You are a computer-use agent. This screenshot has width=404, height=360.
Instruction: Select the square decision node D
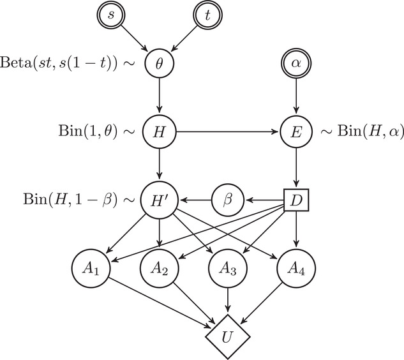[x=295, y=202]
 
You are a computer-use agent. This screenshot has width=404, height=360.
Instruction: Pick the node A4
[x=295, y=270]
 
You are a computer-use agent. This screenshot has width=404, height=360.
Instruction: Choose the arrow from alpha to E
[x=295, y=100]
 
